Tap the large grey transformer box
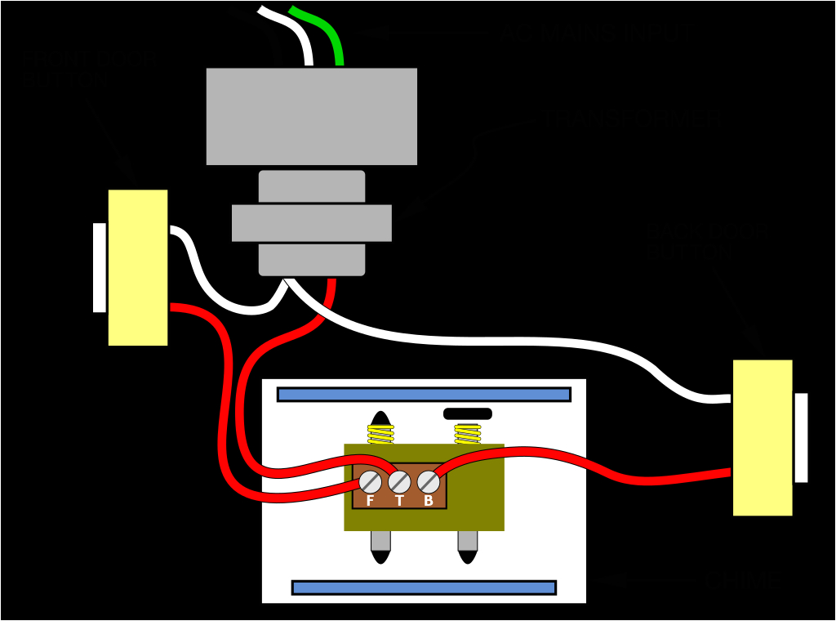click(311, 116)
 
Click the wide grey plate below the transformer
click(311, 223)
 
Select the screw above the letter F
click(370, 482)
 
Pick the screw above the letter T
click(399, 482)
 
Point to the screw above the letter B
click(429, 482)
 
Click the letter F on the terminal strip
click(370, 501)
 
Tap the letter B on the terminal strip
click(429, 501)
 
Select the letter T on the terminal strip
click(399, 501)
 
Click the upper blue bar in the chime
click(424, 395)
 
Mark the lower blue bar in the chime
click(424, 587)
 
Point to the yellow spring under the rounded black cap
click(468, 433)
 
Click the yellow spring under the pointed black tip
click(380, 434)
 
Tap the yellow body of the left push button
click(138, 267)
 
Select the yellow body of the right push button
click(763, 437)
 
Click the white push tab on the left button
click(100, 267)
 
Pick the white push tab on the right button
click(801, 437)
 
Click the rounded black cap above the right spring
click(468, 413)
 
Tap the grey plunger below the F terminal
click(380, 541)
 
